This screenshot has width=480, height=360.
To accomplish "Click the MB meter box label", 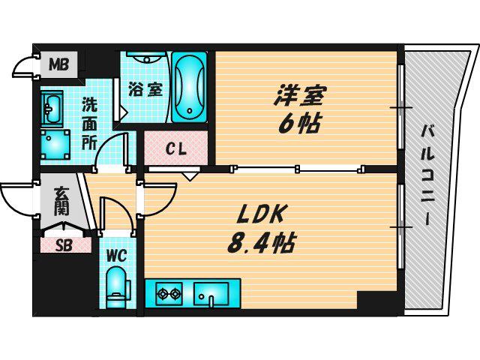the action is coord(59,64).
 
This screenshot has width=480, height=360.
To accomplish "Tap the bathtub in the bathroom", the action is coord(190,87).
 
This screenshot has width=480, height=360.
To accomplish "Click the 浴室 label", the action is coord(145,89).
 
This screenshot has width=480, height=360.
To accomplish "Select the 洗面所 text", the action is coord(89,124).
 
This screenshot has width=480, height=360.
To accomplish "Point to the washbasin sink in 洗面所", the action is coord(52,108).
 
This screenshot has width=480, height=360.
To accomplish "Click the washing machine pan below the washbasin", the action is coord(55,145).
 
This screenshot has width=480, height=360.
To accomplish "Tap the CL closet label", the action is coord(175,149).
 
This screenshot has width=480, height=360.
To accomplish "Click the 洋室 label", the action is coord(300,95).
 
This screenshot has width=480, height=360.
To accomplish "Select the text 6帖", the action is coord(298,124).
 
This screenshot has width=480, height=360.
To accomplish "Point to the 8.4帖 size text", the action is coord(261,243).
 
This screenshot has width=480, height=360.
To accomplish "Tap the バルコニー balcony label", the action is coord(427,175).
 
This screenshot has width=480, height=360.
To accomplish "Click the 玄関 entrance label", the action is coord(61,202).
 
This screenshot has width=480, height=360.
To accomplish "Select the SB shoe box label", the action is coord(64,245).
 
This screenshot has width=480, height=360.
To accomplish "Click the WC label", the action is coord(117,256).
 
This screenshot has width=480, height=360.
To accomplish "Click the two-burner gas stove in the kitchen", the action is coord(169,294).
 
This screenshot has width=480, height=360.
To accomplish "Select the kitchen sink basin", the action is coord(211,294).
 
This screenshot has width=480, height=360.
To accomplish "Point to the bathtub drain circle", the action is coord(190,110).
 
